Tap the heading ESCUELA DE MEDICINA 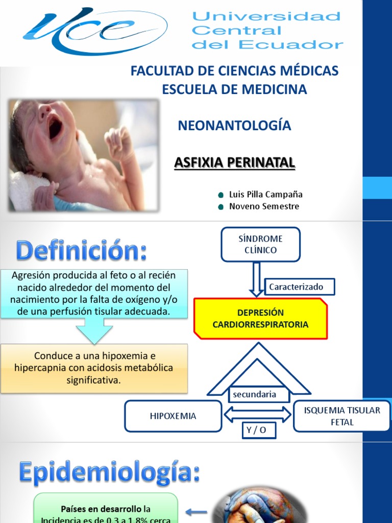[234, 89]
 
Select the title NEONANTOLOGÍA [234, 126]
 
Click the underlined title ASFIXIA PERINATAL [234, 162]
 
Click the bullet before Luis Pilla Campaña [220, 195]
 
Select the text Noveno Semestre [264, 206]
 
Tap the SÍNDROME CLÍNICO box [260, 244]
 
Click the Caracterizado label [299, 287]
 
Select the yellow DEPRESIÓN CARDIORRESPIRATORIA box [260, 318]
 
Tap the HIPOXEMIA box [173, 416]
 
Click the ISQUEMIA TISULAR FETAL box [342, 416]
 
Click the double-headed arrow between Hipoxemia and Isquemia [258, 414]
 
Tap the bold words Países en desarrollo [102, 509]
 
